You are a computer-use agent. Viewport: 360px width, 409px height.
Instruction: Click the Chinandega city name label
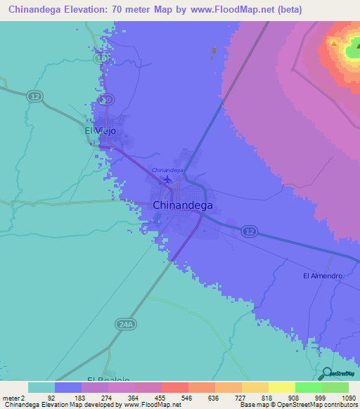(182, 206)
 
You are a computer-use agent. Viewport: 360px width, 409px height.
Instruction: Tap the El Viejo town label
(100, 131)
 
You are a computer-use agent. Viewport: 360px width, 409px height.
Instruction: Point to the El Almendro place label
(323, 276)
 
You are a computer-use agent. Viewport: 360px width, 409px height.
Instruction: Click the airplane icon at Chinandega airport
(167, 181)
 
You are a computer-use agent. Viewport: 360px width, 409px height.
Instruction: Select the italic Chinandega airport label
(167, 170)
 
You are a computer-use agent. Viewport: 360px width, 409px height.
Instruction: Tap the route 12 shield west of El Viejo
(33, 96)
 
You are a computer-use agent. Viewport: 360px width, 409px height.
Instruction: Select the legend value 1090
(345, 398)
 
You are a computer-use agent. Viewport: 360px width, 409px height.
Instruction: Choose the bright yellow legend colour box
(281, 387)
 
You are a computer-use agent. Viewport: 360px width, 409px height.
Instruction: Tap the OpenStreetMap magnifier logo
(326, 373)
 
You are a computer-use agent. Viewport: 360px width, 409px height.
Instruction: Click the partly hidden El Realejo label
(108, 378)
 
